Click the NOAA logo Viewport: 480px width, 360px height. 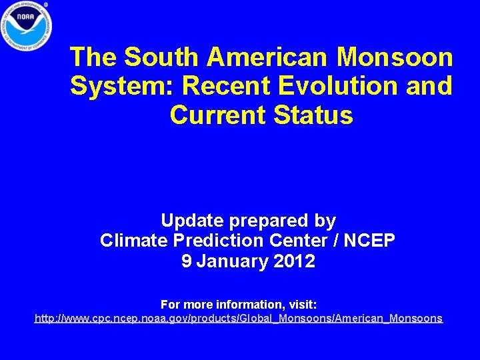pos(27,25)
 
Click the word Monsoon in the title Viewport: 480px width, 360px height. pos(395,57)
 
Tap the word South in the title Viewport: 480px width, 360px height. pos(163,57)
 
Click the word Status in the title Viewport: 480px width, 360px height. pos(313,115)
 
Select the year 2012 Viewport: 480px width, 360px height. pos(294,261)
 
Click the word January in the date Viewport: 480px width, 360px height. pos(233,261)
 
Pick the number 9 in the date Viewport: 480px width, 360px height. pos(187,261)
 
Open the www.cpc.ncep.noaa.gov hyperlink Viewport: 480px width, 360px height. pos(238,319)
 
